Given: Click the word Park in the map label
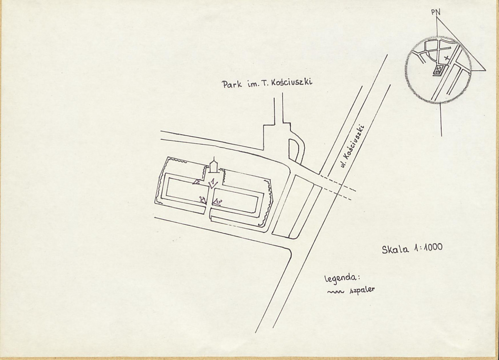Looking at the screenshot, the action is pyautogui.click(x=232, y=84).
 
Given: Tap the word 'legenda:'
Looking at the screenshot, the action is pyautogui.click(x=341, y=278).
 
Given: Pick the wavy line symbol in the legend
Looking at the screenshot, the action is pyautogui.click(x=336, y=291).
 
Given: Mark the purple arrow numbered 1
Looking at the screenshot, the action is pyautogui.click(x=212, y=183).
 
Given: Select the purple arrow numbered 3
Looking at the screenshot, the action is pyautogui.click(x=217, y=202).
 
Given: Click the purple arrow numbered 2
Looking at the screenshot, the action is pyautogui.click(x=196, y=181).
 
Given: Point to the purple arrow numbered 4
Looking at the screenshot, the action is pyautogui.click(x=203, y=200).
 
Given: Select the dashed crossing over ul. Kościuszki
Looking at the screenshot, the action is pyautogui.click(x=338, y=188).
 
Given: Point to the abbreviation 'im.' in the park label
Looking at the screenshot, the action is pyautogui.click(x=253, y=84).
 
